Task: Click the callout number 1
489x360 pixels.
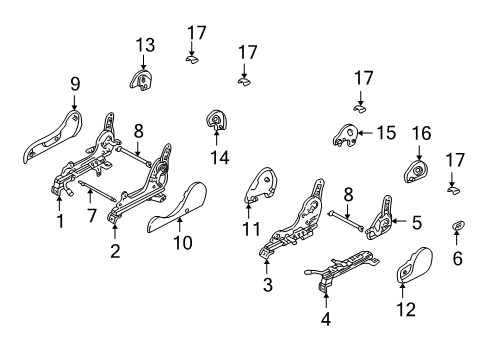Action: tap(60, 222)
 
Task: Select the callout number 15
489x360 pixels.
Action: tap(385, 132)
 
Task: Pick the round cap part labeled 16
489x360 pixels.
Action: tap(416, 172)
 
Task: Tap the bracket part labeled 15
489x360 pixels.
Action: tap(348, 136)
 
